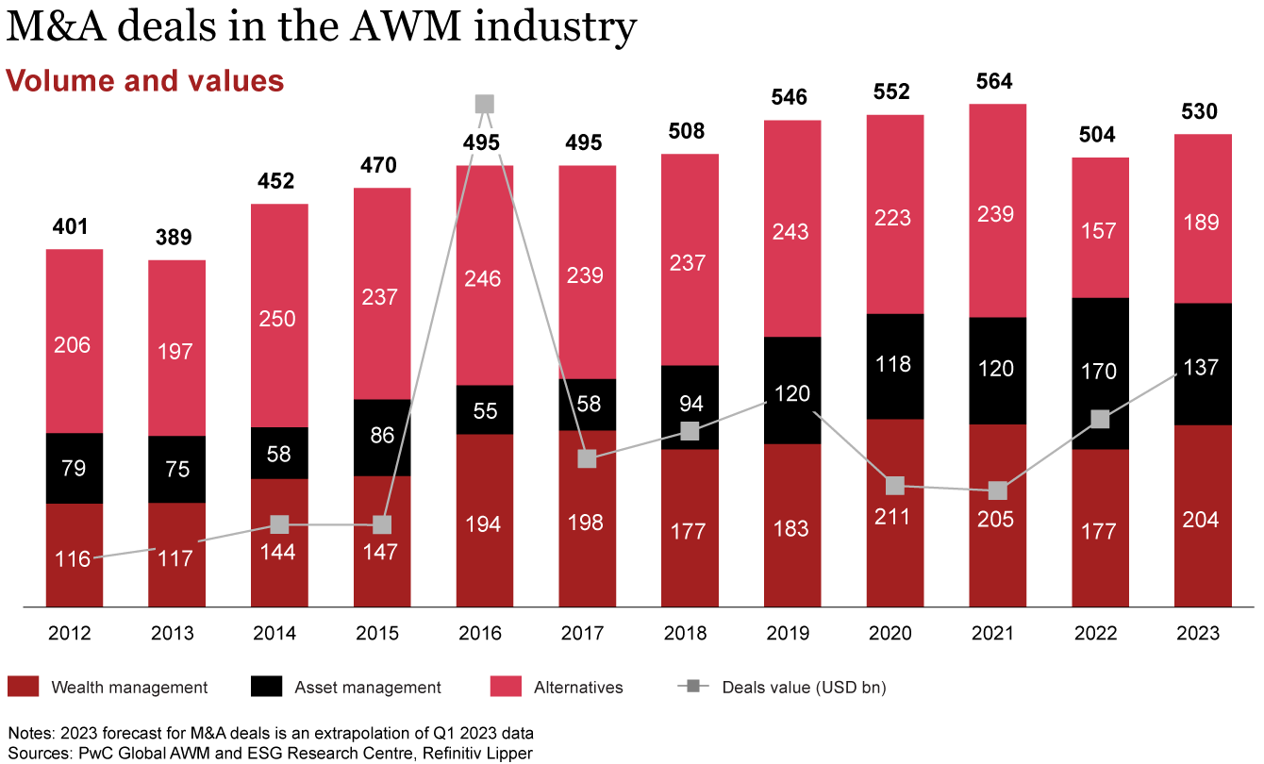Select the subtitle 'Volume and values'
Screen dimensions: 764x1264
[145, 80]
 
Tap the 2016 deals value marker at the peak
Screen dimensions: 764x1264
[484, 104]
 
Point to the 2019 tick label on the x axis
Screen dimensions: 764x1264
[790, 633]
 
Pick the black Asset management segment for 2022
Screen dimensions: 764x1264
[1099, 373]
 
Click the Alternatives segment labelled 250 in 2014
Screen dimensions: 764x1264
[279, 317]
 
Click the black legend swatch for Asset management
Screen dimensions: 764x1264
[266, 688]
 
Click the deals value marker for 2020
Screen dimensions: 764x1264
[894, 486]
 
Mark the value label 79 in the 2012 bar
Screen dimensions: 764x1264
[74, 469]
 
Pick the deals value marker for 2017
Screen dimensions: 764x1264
[587, 458]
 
